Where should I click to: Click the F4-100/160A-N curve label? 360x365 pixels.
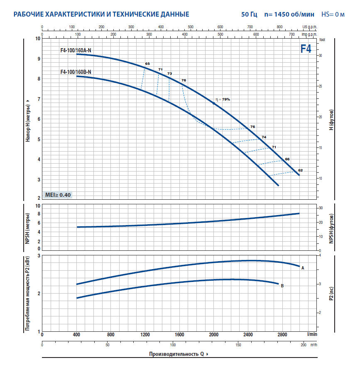point(76,51)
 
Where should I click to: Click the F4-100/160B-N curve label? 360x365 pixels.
point(76,72)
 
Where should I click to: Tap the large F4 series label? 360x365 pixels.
point(306,49)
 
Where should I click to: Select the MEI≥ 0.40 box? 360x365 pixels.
point(58,194)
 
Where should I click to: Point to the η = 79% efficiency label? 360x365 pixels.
point(223,100)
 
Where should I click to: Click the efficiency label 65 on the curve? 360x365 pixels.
point(147,64)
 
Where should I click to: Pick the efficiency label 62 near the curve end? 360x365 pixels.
point(301,170)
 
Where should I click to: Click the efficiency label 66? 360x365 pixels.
point(287,159)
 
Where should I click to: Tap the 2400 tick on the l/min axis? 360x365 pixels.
point(248,334)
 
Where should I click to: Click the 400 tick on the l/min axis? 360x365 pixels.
point(77,334)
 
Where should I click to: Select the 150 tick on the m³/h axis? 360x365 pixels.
point(238,345)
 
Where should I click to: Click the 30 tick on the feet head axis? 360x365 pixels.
point(320,55)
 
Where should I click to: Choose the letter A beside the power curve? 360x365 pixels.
point(303,268)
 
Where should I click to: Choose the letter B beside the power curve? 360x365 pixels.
point(282,286)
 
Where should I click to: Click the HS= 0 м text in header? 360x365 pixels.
point(333,14)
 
